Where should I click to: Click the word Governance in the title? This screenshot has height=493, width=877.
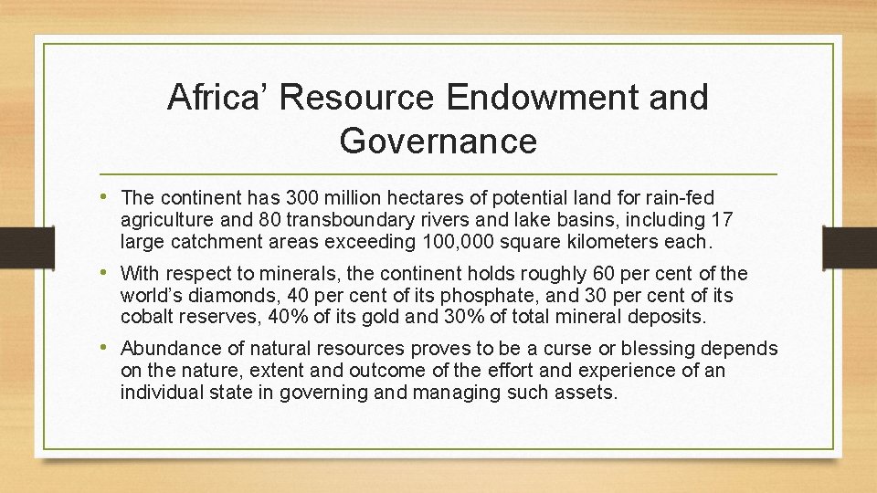pos(438,142)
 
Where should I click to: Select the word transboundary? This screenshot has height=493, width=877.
pos(346,220)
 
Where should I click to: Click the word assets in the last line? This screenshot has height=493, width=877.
pos(589,393)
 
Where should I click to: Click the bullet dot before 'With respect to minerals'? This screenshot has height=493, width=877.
pos(110,273)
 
